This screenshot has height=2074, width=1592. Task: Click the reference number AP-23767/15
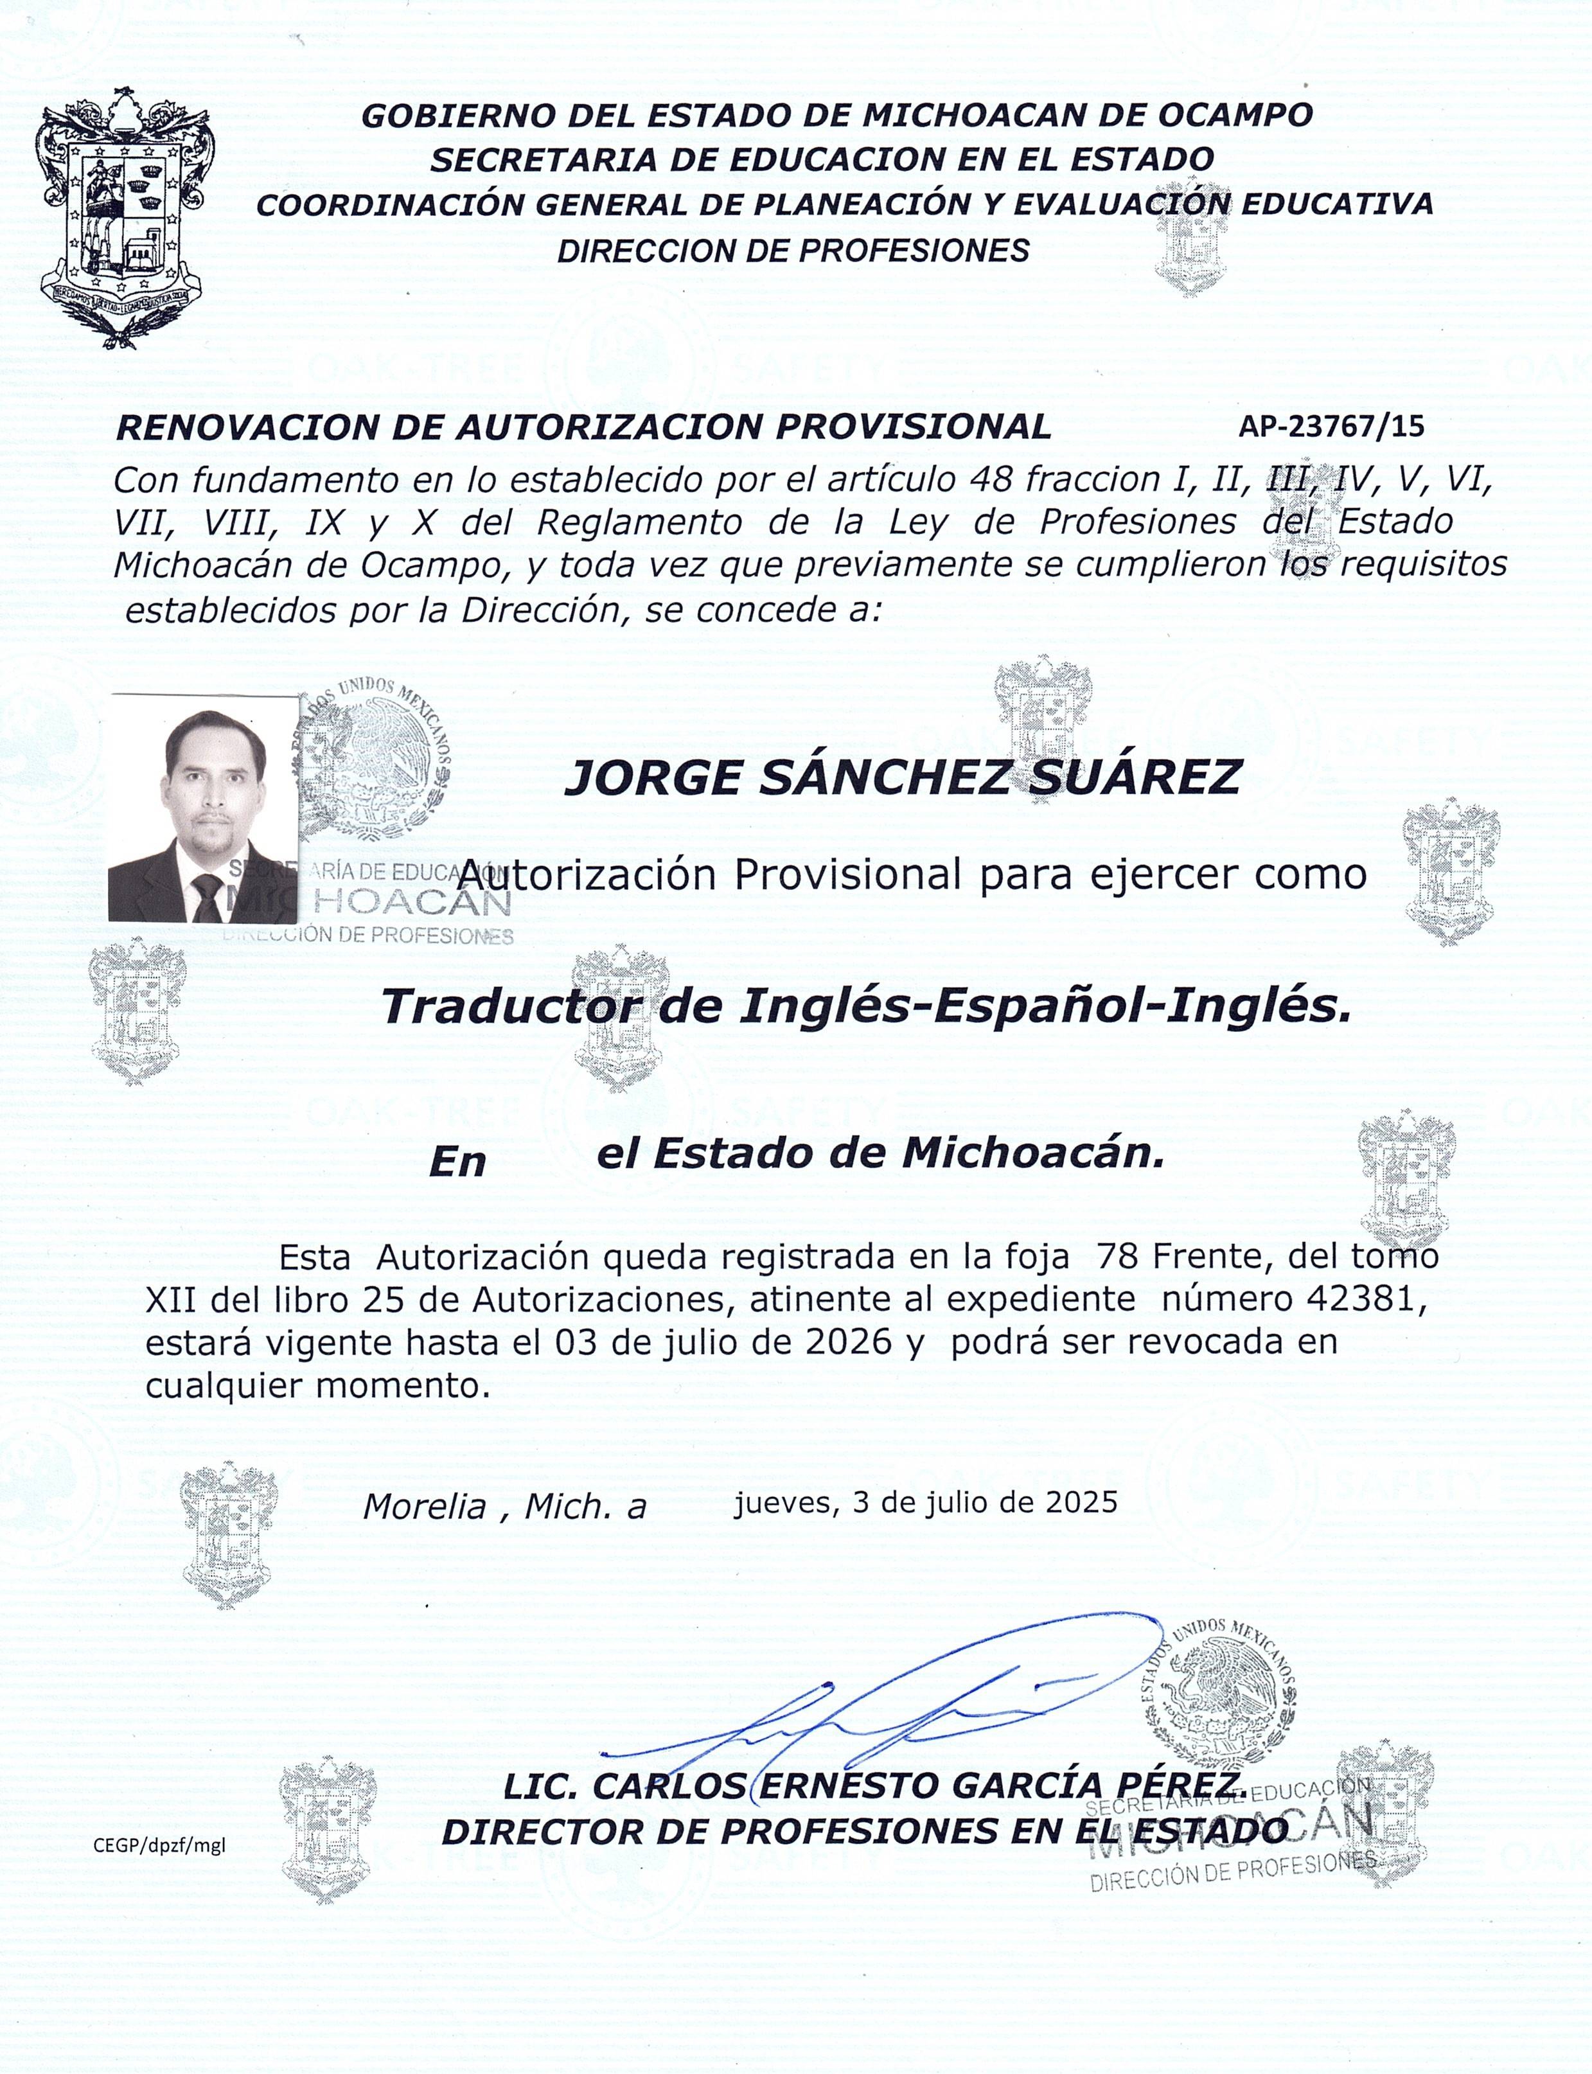point(1331,427)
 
